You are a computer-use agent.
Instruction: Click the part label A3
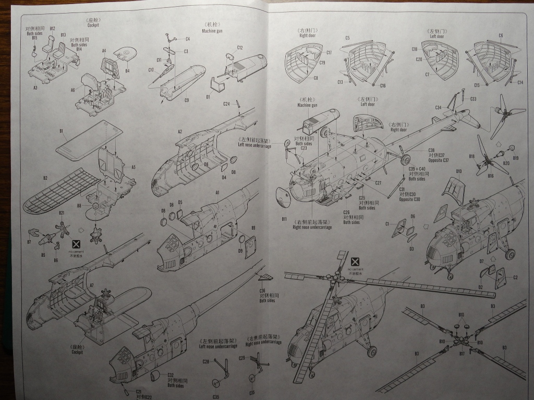(35, 88)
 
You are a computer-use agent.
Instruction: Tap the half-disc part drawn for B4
(126, 53)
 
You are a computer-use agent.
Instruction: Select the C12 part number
(239, 47)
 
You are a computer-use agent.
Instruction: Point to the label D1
(208, 96)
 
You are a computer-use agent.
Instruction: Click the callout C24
(226, 104)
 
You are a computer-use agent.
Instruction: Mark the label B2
(45, 178)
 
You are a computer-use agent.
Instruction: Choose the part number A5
(133, 167)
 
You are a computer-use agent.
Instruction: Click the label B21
(62, 213)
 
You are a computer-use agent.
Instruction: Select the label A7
(91, 285)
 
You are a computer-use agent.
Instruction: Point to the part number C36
(262, 291)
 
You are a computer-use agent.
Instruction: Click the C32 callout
(171, 375)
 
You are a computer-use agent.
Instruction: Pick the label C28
(205, 361)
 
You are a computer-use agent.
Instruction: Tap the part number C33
(473, 98)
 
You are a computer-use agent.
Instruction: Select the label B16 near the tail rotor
(491, 176)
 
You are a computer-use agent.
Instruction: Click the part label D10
(459, 171)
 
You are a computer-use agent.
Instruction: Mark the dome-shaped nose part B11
(283, 196)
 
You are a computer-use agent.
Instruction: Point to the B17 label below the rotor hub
(462, 354)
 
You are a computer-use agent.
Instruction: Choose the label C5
(347, 37)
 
